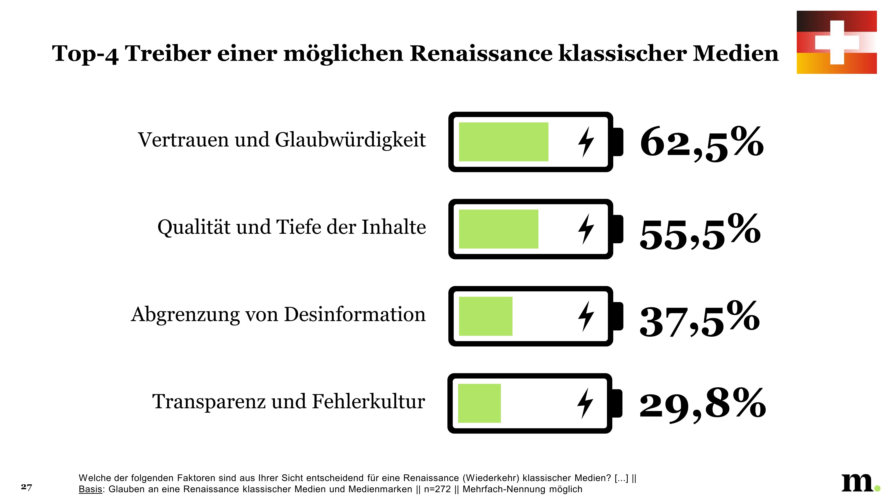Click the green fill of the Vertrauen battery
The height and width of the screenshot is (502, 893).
point(503,142)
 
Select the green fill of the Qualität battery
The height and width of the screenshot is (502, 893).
point(498,229)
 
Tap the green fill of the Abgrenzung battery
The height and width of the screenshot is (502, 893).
point(485,316)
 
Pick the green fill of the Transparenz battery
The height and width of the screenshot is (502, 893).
point(479,403)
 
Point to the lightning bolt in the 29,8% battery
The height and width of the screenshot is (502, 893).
point(585,403)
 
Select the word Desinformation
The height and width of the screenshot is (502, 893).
point(355,315)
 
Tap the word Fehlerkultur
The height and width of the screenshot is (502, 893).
point(368,402)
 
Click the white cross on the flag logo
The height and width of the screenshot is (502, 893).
point(837,42)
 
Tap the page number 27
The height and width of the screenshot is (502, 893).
point(26,487)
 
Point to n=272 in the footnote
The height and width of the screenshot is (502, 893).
point(437,489)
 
